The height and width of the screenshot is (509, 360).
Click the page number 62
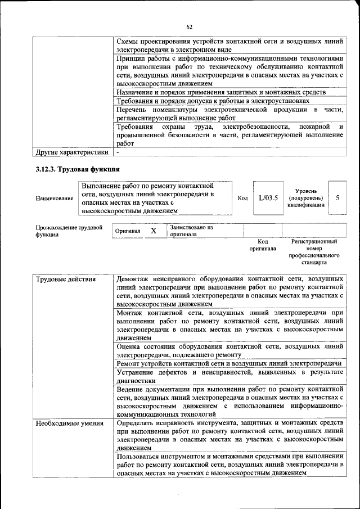[190, 27]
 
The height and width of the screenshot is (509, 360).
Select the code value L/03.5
[268, 198]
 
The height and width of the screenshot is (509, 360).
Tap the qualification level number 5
[337, 198]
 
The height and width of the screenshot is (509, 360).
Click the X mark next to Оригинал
[153, 231]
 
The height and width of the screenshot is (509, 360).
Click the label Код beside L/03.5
[243, 198]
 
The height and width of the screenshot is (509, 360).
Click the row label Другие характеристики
[71, 152]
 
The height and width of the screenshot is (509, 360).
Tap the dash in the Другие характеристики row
[118, 152]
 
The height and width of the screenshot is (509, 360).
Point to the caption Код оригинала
[263, 245]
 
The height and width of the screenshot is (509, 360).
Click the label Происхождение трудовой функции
[69, 231]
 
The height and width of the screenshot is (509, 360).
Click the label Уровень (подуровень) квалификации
[305, 198]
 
